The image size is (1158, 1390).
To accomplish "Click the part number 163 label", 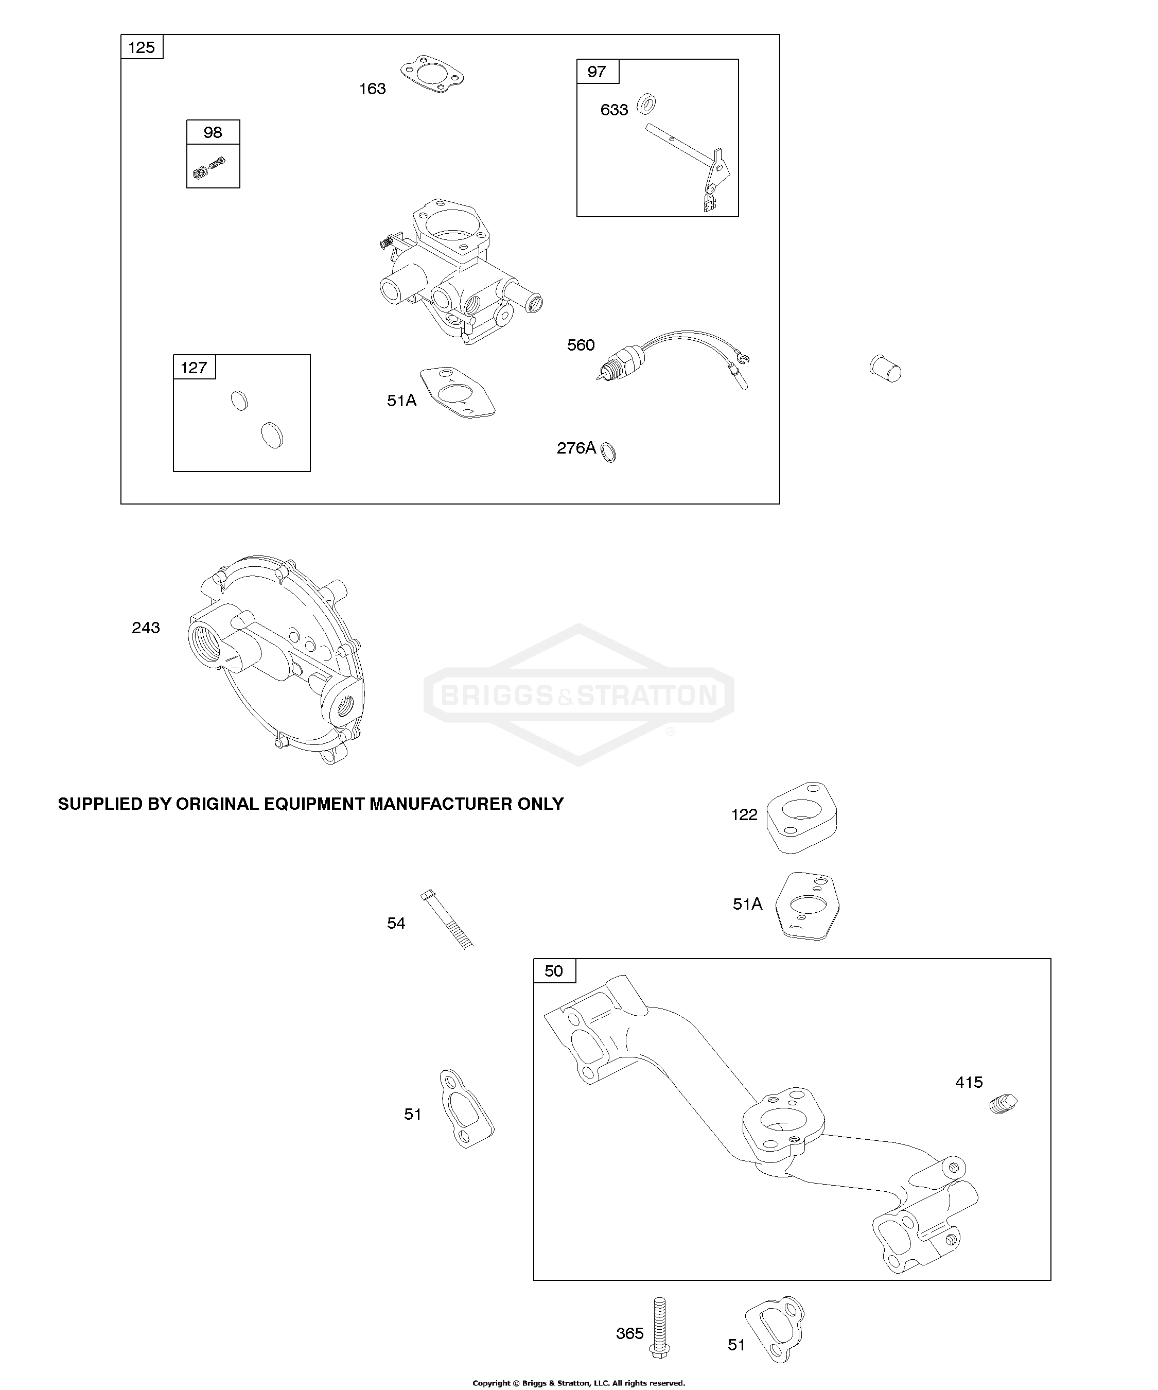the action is click(x=372, y=89).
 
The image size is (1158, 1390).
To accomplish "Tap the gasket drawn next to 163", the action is click(x=431, y=74).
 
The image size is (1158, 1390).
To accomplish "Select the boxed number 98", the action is click(x=213, y=132).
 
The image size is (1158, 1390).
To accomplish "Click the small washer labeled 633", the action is click(x=646, y=104).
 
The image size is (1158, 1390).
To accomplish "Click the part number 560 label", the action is click(x=581, y=345).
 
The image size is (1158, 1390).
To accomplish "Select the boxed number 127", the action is click(x=194, y=368).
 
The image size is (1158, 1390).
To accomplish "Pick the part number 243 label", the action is click(x=146, y=628).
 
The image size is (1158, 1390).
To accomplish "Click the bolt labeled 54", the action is click(x=447, y=920).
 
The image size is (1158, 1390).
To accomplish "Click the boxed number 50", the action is click(x=553, y=971).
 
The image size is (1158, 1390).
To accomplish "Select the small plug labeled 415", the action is click(x=1003, y=1103).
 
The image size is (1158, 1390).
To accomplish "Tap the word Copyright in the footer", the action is click(x=491, y=1383).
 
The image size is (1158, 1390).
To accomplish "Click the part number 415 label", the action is click(x=969, y=1082).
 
